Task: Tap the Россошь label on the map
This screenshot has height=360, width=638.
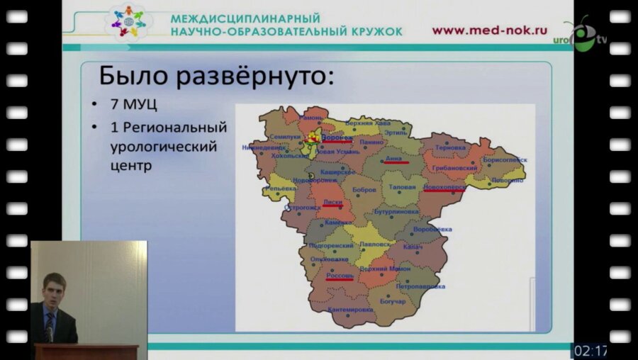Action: pyautogui.click(x=339, y=274)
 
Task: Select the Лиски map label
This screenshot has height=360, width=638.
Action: pyautogui.click(x=332, y=202)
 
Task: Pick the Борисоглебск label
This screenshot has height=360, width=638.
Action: pyautogui.click(x=504, y=160)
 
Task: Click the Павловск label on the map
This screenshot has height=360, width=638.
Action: pyautogui.click(x=375, y=244)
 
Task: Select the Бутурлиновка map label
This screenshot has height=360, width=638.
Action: pyautogui.click(x=398, y=211)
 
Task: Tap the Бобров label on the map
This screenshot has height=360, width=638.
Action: pyautogui.click(x=364, y=190)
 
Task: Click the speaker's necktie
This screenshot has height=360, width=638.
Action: pyautogui.click(x=49, y=327)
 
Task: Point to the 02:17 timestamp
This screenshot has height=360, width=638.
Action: pyautogui.click(x=590, y=351)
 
